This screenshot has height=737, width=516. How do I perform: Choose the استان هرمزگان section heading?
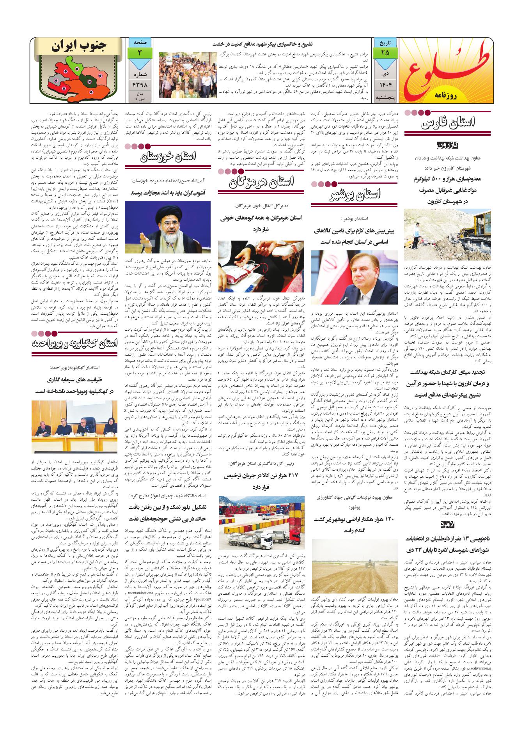coord(262,181)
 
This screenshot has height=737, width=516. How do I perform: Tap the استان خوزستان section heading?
coord(168,157)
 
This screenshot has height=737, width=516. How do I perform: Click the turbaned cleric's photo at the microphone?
coord(168,228)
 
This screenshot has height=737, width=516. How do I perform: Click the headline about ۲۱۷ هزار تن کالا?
coord(262,482)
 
